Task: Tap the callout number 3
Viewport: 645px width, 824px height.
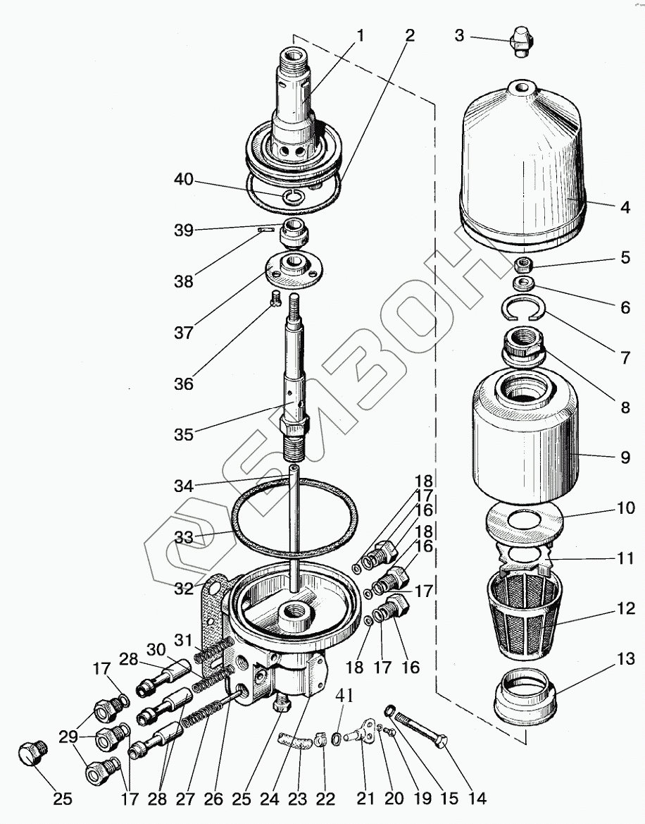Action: click(459, 35)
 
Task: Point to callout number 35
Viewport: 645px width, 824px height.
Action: click(184, 435)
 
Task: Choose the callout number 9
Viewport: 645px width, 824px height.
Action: click(625, 457)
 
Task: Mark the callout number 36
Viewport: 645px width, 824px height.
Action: click(184, 384)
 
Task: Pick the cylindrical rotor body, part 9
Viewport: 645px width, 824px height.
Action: click(525, 437)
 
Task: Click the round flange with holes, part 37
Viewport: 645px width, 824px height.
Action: click(291, 271)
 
